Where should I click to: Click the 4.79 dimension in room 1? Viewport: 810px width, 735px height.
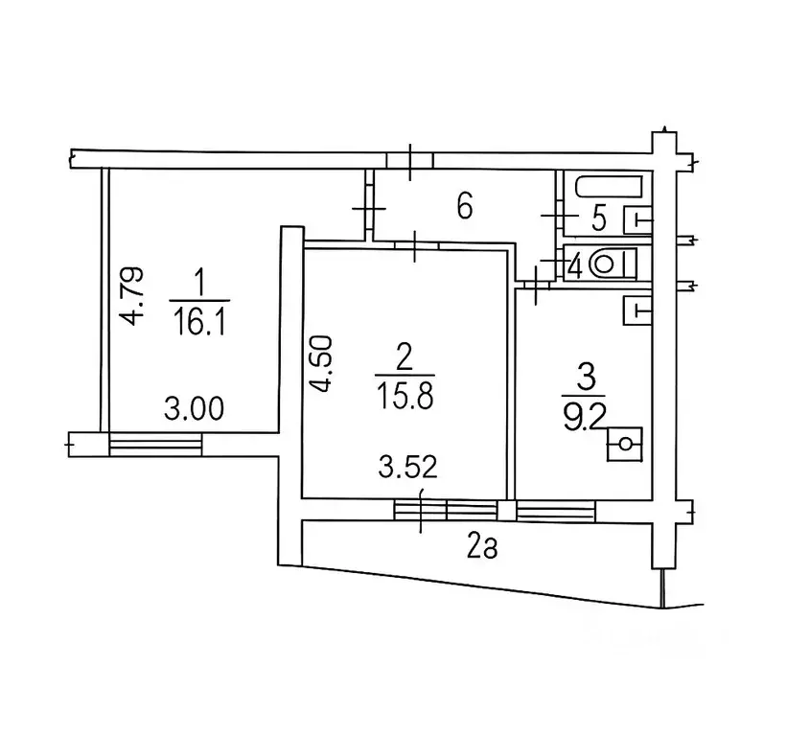pos(130,296)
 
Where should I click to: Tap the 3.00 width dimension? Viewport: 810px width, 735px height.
pos(194,408)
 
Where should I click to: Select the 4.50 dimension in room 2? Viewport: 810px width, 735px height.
pos(319,364)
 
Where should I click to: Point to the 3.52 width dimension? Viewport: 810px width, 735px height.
pos(408,468)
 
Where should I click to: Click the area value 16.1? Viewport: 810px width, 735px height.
pos(199,322)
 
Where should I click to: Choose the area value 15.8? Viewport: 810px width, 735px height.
pos(405,397)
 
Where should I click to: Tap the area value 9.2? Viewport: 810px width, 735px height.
pos(584,417)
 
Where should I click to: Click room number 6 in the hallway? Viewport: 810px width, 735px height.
pos(464,207)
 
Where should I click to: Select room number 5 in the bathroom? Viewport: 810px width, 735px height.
pos(598,218)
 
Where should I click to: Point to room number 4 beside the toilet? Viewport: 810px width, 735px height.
pos(575,266)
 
